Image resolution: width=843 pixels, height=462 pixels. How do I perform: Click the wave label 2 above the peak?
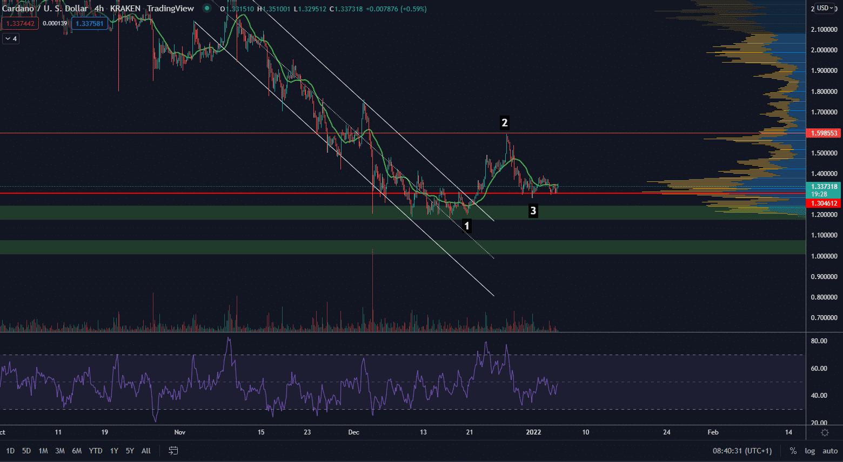point(504,123)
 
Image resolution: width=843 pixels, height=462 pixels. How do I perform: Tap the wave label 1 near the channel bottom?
point(467,226)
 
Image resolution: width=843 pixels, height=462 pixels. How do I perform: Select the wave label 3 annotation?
point(533,211)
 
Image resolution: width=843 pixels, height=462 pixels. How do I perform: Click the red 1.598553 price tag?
point(824,133)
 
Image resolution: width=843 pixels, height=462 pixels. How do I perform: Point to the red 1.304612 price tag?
point(824,203)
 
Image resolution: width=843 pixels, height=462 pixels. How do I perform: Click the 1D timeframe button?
point(10,451)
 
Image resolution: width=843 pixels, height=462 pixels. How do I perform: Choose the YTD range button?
point(96,451)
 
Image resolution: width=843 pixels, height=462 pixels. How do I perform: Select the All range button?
point(146,451)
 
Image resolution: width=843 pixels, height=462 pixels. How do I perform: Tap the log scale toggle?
point(809,451)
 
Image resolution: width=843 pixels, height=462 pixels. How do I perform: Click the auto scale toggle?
point(830,451)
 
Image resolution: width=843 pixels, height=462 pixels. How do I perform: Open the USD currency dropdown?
point(825,8)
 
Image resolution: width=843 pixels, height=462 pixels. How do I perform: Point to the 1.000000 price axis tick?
point(824,256)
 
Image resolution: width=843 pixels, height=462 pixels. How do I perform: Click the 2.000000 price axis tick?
point(824,50)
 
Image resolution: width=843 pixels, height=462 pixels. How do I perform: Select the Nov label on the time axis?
point(180,432)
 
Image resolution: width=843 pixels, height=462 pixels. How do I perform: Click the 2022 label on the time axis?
point(533,432)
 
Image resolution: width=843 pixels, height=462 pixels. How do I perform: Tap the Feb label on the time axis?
point(713,432)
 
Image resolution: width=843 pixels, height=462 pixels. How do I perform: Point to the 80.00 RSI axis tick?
point(819,341)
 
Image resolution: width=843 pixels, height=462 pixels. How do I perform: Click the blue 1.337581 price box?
point(89,24)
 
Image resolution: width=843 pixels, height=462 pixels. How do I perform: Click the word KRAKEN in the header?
point(125,9)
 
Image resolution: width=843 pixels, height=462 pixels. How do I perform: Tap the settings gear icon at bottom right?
point(825,432)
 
